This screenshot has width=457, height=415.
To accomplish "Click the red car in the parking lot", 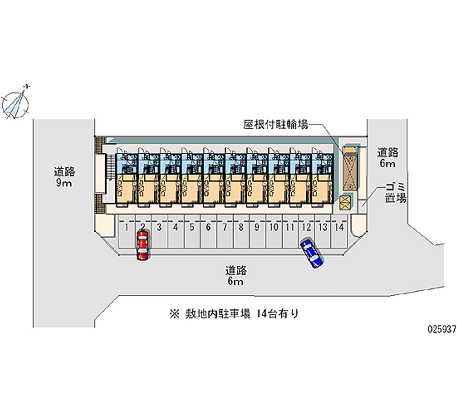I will click(x=142, y=245).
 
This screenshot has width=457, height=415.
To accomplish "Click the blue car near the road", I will click(x=311, y=253).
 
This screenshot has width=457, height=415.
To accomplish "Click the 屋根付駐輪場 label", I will click(x=275, y=125).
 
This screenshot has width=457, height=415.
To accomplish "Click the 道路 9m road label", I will click(x=64, y=177).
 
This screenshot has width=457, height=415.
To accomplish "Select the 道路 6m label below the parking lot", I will click(x=235, y=275).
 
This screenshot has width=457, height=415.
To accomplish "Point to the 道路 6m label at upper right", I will click(x=387, y=158).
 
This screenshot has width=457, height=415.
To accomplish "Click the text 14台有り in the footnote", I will click(x=277, y=313).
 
